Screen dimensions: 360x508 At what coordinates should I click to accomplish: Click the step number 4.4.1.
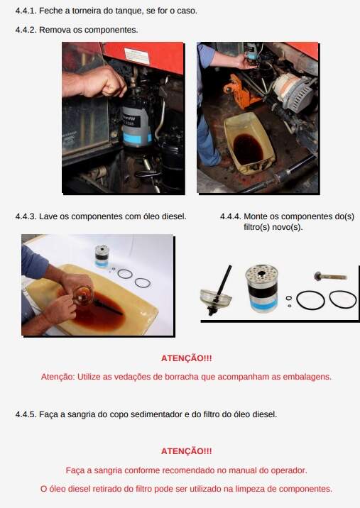[26, 11]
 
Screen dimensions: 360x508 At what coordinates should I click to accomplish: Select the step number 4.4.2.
[26, 30]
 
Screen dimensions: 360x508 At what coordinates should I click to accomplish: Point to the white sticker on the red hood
[137, 56]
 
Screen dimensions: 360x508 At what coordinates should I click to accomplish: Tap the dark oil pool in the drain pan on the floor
[248, 149]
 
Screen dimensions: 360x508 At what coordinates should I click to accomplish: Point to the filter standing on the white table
[102, 256]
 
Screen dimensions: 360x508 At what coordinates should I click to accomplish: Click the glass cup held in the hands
[83, 295]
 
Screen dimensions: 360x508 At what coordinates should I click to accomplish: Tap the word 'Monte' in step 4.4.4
[256, 216]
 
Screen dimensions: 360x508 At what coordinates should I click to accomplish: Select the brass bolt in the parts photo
[330, 277]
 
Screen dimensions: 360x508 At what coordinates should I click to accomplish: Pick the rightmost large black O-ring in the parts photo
[343, 299]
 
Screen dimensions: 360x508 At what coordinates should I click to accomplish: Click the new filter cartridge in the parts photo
[262, 288]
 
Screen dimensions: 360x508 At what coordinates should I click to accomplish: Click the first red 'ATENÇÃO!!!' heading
[187, 358]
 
